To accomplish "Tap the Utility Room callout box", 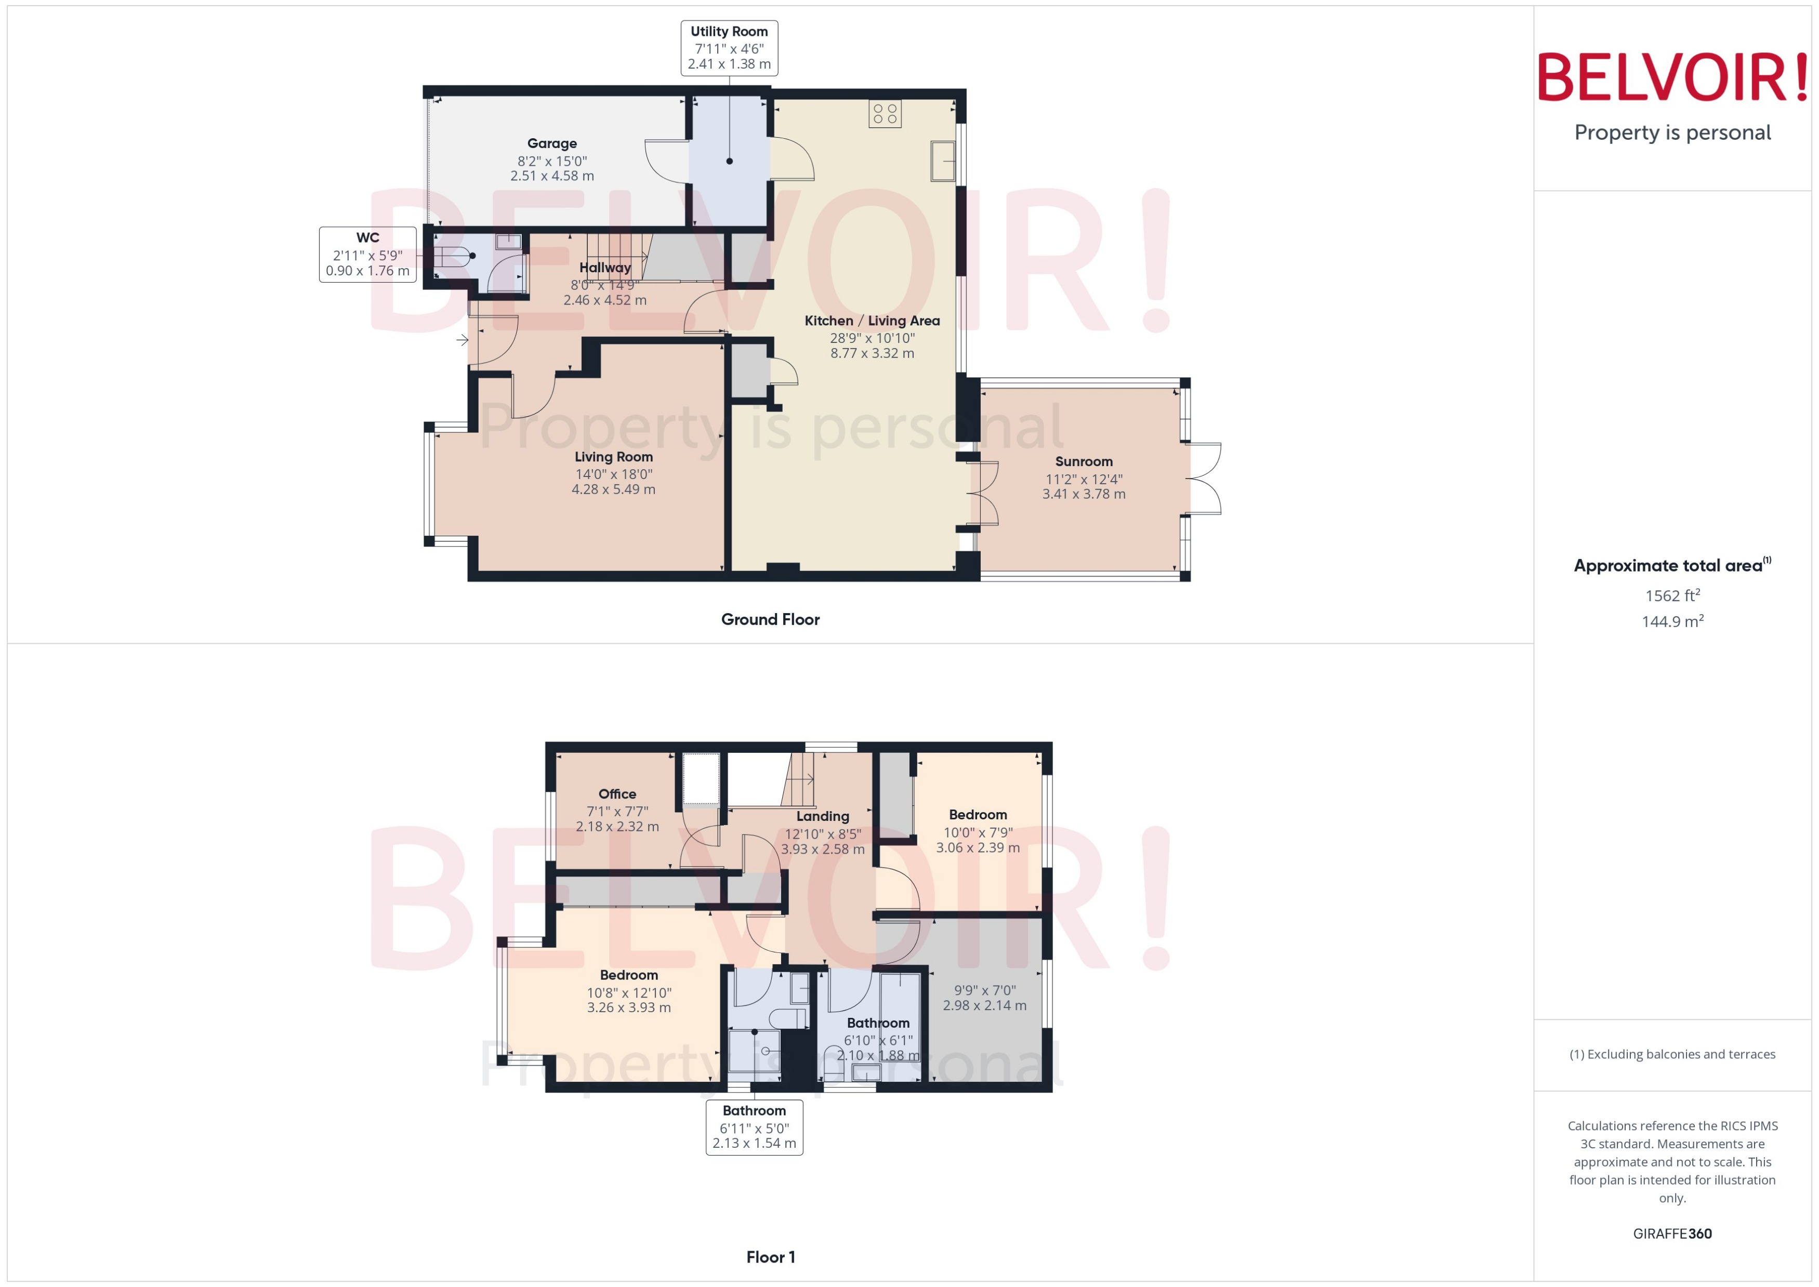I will tap(729, 48).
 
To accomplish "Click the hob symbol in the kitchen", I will tap(885, 113).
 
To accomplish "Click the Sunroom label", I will tap(1084, 462).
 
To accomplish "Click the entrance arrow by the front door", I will tap(462, 341).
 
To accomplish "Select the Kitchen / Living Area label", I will tap(872, 321).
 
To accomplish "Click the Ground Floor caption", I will tap(770, 620).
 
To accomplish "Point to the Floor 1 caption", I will tap(770, 1257).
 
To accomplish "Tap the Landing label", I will tap(823, 816).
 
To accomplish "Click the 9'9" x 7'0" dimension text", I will tap(984, 991).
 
